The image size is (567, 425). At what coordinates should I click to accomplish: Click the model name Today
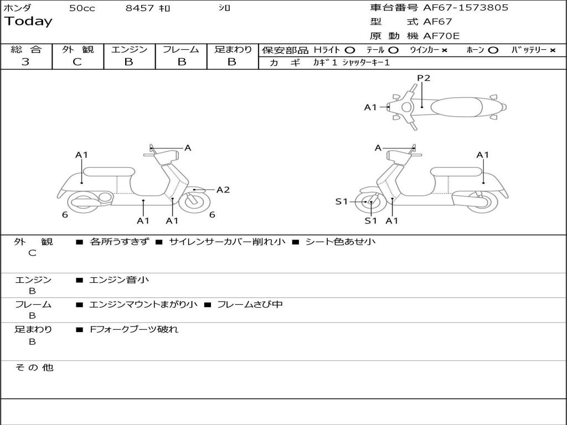[28, 22]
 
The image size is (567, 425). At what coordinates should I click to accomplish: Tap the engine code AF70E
[441, 37]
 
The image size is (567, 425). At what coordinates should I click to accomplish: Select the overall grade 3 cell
[25, 62]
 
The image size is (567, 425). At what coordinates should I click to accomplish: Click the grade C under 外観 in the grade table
[77, 62]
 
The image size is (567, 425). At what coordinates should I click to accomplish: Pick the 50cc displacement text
[82, 8]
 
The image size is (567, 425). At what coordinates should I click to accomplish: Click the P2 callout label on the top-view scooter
[424, 78]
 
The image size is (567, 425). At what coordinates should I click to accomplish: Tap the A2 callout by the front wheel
[223, 190]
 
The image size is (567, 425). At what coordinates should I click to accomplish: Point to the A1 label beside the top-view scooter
[370, 107]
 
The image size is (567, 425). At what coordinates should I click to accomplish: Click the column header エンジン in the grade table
[129, 49]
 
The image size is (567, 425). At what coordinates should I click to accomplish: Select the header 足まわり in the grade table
[233, 49]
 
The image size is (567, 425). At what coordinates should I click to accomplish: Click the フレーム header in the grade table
[181, 49]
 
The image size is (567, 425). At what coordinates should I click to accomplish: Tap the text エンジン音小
[119, 280]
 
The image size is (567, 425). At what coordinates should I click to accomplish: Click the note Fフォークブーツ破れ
[134, 329]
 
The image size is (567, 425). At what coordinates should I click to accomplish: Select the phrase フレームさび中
[250, 304]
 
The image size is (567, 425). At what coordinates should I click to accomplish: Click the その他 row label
[34, 367]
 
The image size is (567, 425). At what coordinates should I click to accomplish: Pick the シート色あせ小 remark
[341, 242]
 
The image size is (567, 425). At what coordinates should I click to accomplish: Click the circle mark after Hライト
[350, 50]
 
